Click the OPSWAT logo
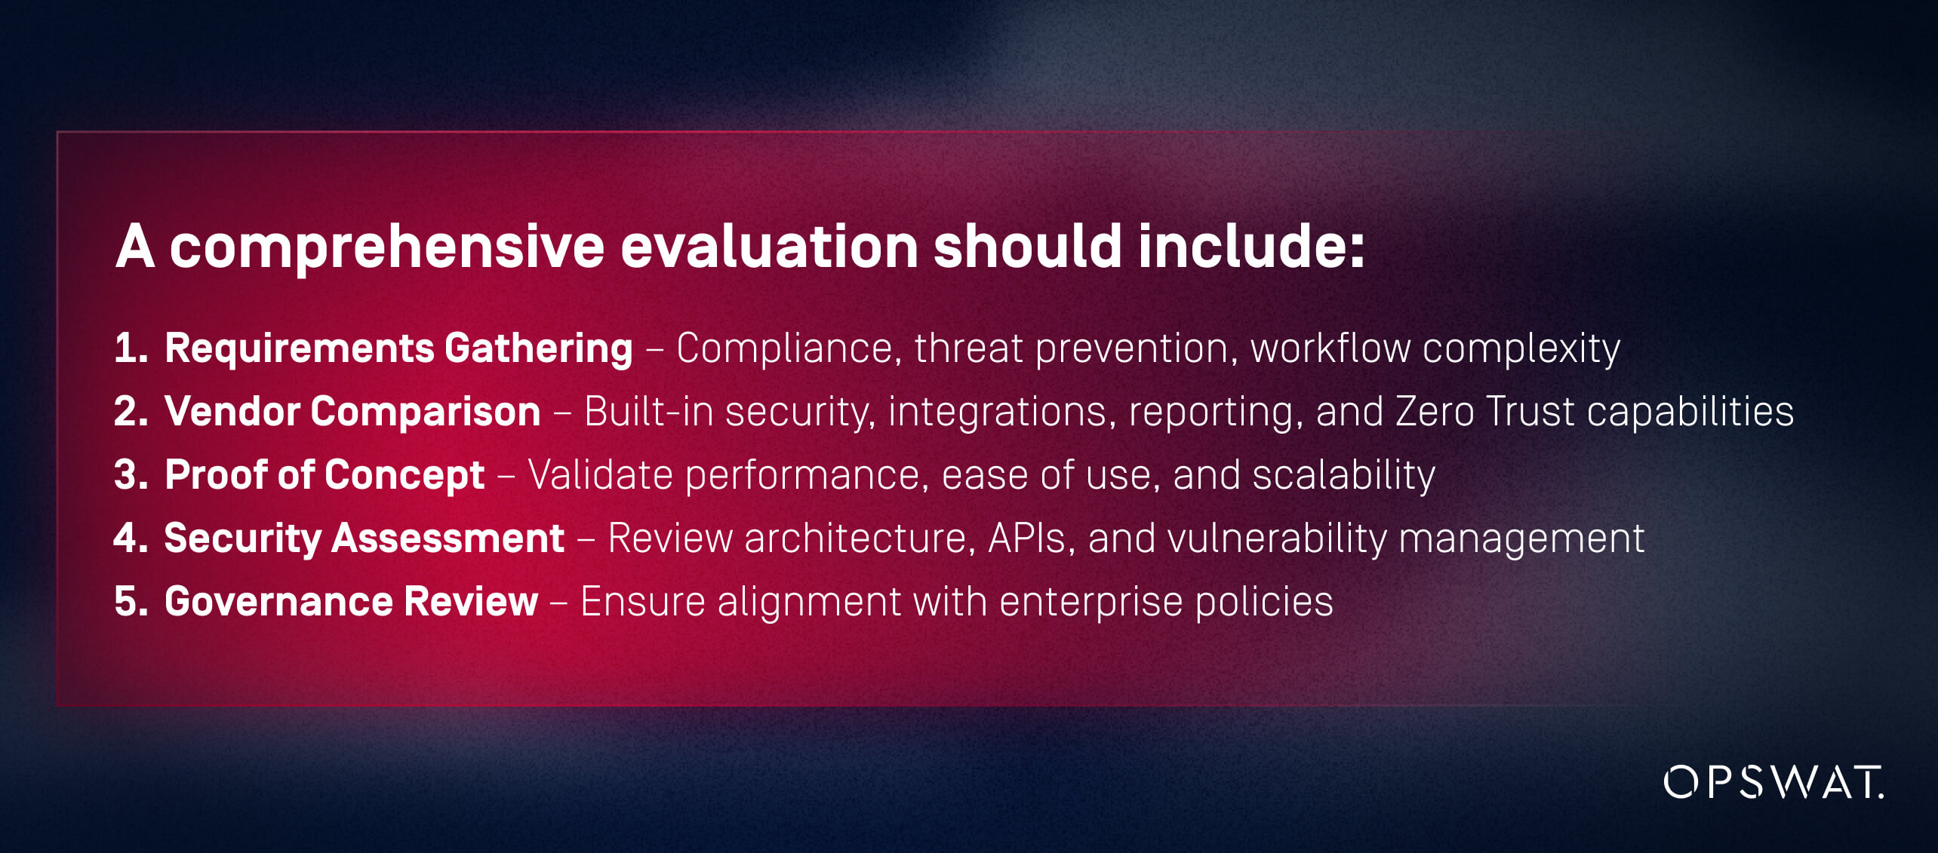(x=1773, y=782)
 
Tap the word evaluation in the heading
(x=769, y=246)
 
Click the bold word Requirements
(x=300, y=349)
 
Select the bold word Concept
(x=405, y=476)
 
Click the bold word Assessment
(x=448, y=538)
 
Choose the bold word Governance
(x=278, y=601)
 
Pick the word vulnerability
(x=1278, y=539)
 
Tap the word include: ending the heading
(x=1252, y=246)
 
